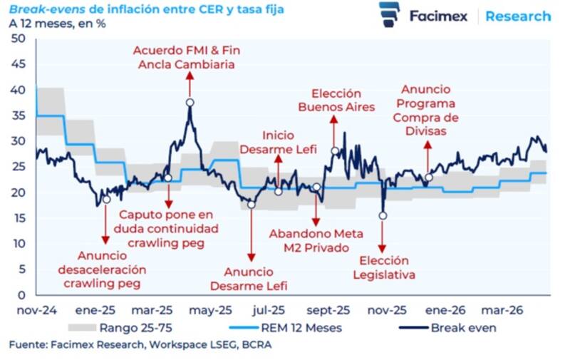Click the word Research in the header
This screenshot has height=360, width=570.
(x=518, y=16)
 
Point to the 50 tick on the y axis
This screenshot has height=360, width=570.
(x=19, y=38)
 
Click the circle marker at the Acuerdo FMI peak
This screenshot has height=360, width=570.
(x=190, y=103)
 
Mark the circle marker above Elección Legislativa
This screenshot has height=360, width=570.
(x=383, y=215)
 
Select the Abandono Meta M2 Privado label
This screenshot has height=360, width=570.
(x=316, y=241)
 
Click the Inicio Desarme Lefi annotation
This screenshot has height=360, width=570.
(x=278, y=142)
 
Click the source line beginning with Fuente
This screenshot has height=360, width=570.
(x=140, y=345)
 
